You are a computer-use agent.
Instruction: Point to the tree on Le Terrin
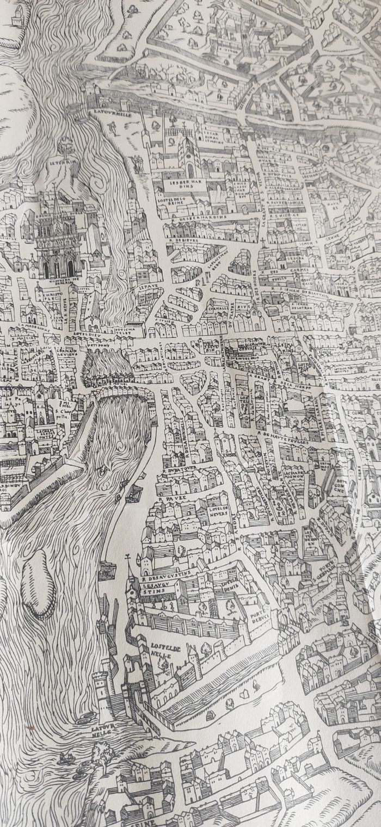point(65,144)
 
